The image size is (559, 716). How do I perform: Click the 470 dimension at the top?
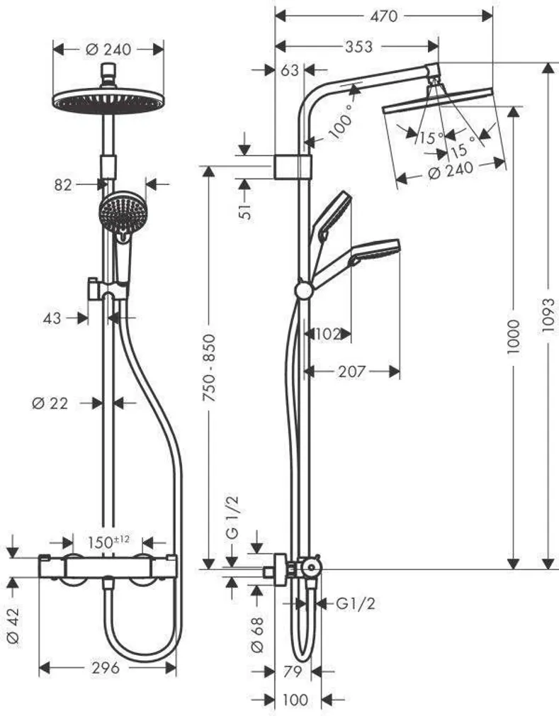tap(383, 16)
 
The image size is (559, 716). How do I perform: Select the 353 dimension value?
tap(358, 47)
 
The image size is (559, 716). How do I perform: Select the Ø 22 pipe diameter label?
tap(50, 403)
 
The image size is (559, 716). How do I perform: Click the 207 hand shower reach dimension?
tap(351, 371)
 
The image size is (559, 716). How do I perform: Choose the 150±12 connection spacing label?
tap(108, 542)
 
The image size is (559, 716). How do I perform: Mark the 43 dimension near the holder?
tap(52, 318)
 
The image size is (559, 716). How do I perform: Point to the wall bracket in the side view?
tap(293, 167)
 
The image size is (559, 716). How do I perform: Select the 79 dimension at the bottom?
tap(293, 671)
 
